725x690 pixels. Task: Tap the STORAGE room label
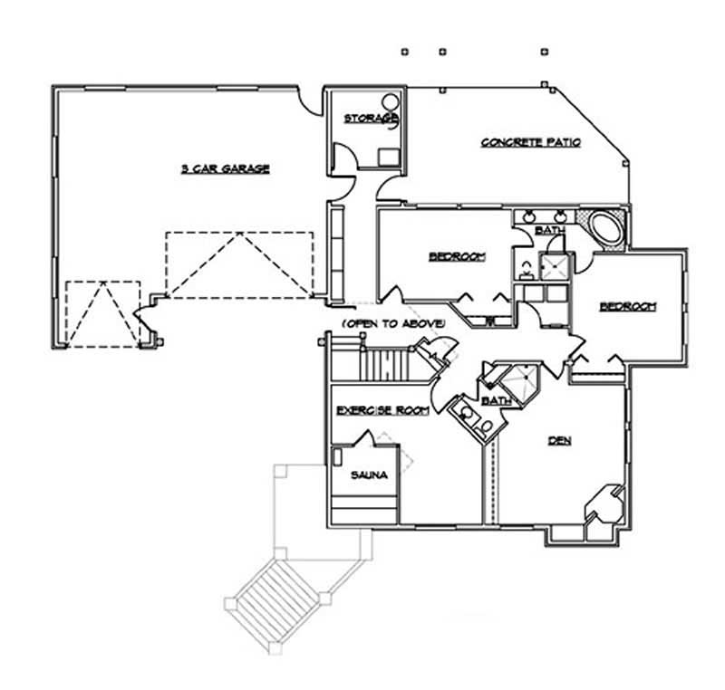tap(369, 119)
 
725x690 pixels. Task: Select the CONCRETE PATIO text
tap(530, 142)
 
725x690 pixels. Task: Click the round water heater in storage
tap(389, 102)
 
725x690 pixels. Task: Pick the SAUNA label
tap(368, 474)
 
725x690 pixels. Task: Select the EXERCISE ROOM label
tap(381, 411)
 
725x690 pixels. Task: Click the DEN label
tap(558, 442)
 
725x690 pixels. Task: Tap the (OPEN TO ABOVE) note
tap(392, 323)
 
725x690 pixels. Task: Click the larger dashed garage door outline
tap(239, 264)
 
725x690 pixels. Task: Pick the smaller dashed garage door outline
tap(103, 312)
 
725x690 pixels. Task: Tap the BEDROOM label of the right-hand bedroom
tap(627, 307)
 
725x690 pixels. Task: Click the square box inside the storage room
tap(388, 154)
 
